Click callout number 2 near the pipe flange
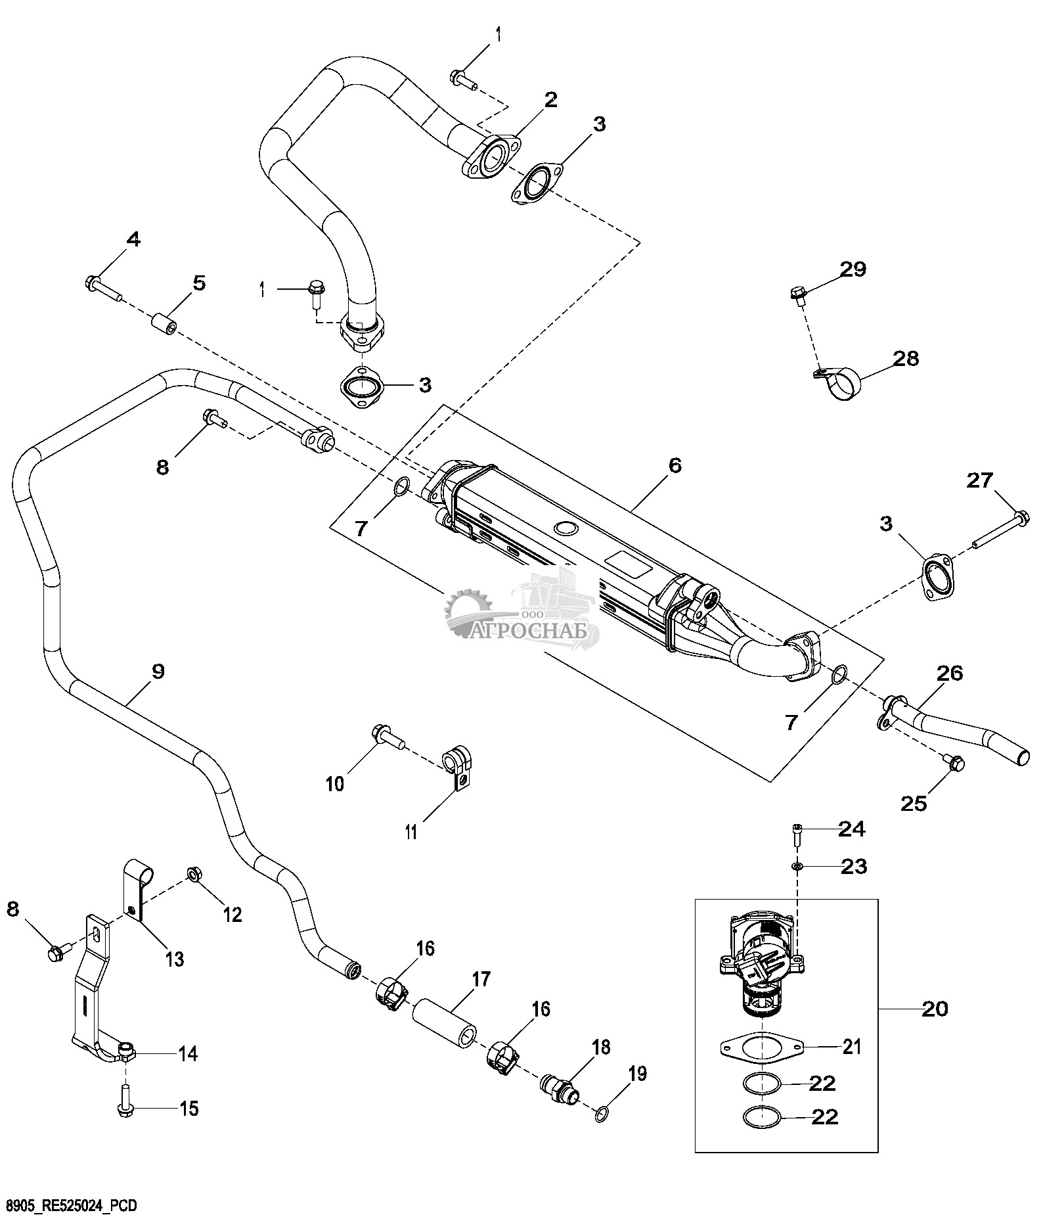[550, 100]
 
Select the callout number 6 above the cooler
[675, 465]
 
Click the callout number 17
[481, 980]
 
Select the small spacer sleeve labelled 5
[164, 325]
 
